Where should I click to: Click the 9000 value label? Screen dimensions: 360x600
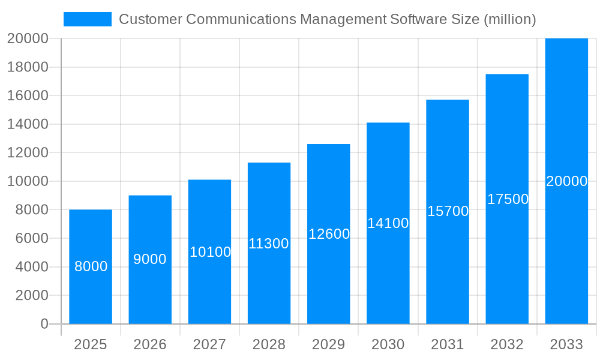(x=150, y=259)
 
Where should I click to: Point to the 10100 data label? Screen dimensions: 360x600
(x=210, y=252)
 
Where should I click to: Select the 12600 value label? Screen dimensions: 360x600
(x=329, y=234)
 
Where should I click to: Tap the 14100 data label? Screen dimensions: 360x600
(x=388, y=223)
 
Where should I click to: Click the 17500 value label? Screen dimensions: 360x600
(x=508, y=199)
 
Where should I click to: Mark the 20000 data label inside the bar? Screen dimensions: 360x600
(x=566, y=181)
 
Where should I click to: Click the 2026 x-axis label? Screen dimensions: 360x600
(x=150, y=344)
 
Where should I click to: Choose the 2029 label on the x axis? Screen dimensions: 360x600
(x=329, y=344)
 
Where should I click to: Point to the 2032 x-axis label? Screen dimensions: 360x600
(x=507, y=344)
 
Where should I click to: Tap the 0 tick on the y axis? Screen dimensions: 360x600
(x=44, y=324)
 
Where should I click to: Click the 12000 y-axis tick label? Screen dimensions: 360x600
(x=28, y=153)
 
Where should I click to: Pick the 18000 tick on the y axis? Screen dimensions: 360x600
(x=28, y=67)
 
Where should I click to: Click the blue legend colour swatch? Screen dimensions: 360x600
(x=88, y=19)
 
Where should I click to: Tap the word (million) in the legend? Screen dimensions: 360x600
(x=509, y=19)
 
